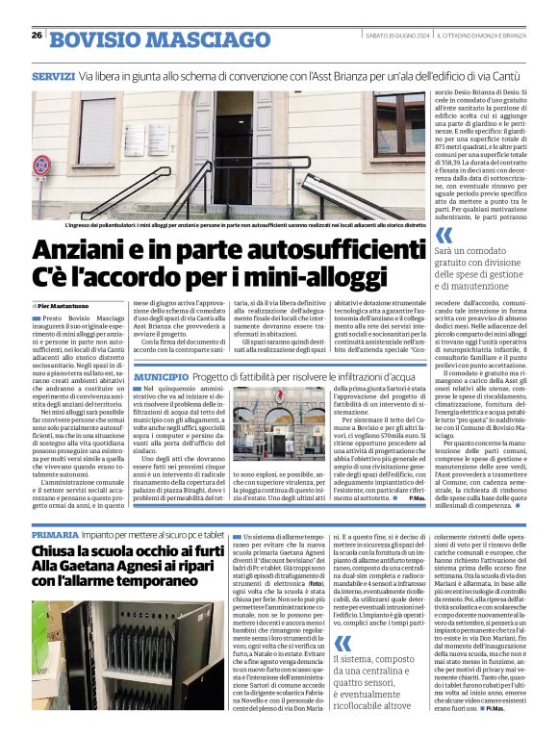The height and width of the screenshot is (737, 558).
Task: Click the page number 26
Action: pos(37,36)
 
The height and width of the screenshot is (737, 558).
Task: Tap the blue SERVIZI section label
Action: pos(53,75)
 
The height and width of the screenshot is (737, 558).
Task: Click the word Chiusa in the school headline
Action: pos(63,551)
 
